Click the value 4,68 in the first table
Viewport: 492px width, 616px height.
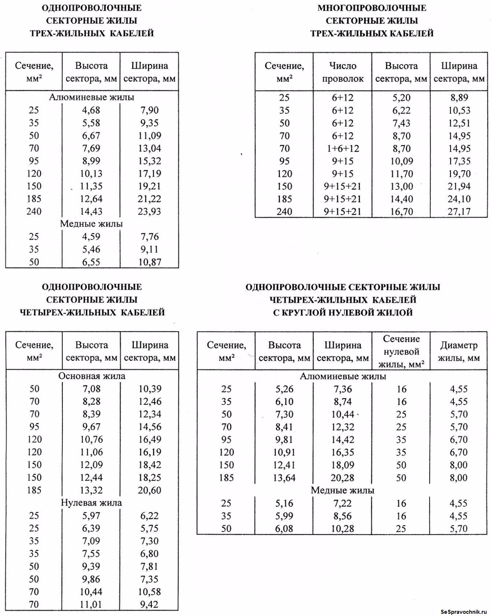click(x=91, y=110)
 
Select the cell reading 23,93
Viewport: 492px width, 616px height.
click(x=150, y=212)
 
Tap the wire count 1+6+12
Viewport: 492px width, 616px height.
click(x=343, y=148)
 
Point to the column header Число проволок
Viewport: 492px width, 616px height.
click(x=343, y=72)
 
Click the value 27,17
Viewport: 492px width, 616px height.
click(x=459, y=212)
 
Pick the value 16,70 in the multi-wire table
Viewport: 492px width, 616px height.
click(x=401, y=212)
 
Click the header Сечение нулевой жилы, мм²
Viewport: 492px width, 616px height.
click(x=401, y=352)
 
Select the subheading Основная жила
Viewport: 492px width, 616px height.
click(x=92, y=376)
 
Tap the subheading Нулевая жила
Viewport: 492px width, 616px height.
click(x=91, y=503)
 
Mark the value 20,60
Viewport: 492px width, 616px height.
click(x=150, y=490)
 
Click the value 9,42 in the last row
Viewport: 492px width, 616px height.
click(x=150, y=604)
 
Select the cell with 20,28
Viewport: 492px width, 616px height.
click(x=343, y=478)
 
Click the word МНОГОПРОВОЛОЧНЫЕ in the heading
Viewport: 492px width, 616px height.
click(x=372, y=8)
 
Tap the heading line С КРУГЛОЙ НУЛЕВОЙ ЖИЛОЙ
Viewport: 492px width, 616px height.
click(x=343, y=312)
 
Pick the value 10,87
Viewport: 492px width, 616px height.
click(x=150, y=262)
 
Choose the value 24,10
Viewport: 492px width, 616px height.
click(x=459, y=199)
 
